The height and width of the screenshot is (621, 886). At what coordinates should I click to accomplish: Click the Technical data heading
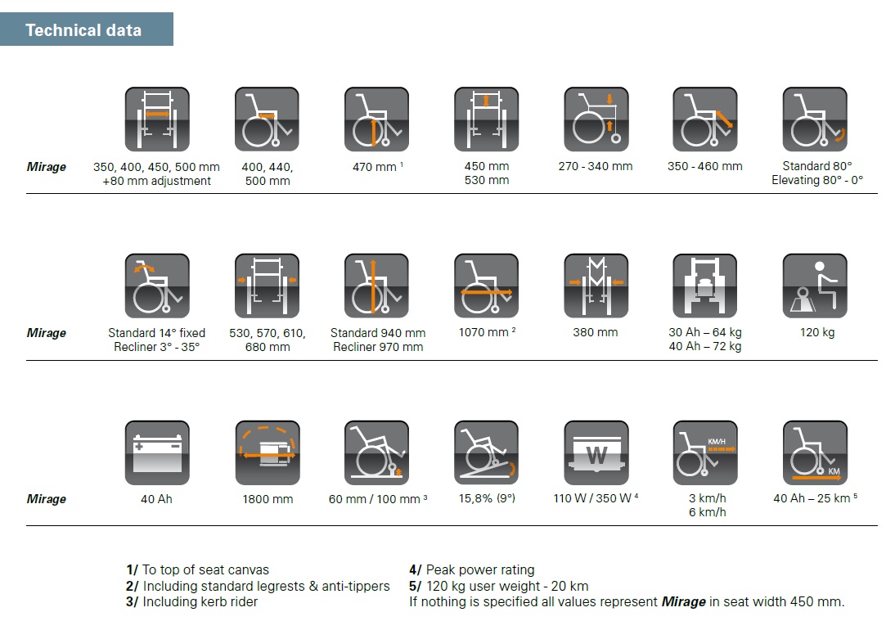click(83, 30)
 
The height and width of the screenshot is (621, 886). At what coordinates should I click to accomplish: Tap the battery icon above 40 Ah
click(157, 452)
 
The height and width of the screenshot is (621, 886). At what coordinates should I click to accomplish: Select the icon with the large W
click(596, 452)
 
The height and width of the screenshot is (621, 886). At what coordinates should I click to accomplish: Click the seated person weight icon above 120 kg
click(815, 286)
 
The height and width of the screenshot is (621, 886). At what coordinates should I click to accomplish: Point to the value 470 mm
click(374, 167)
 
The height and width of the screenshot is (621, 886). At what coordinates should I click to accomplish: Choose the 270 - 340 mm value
click(596, 166)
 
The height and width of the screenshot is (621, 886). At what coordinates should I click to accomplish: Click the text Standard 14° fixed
click(156, 333)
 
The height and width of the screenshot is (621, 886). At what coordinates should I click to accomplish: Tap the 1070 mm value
click(483, 332)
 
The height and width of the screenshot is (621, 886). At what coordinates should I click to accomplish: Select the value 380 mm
click(595, 332)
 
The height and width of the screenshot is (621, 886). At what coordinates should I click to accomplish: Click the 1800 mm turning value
click(268, 499)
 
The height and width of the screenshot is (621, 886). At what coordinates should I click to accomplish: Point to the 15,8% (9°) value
click(487, 497)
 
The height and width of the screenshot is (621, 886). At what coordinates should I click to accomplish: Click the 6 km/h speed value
click(708, 512)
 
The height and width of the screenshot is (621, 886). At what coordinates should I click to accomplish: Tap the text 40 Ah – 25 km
click(812, 497)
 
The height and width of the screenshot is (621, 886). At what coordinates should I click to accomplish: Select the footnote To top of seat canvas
click(205, 569)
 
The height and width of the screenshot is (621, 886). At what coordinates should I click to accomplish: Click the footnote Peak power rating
click(480, 569)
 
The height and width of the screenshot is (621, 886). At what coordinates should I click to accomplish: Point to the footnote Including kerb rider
click(200, 602)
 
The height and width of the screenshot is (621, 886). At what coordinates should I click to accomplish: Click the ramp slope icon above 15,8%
click(487, 452)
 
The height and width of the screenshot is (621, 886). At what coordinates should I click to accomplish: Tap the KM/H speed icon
click(705, 452)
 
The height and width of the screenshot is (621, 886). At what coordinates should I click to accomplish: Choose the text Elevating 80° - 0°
click(817, 180)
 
